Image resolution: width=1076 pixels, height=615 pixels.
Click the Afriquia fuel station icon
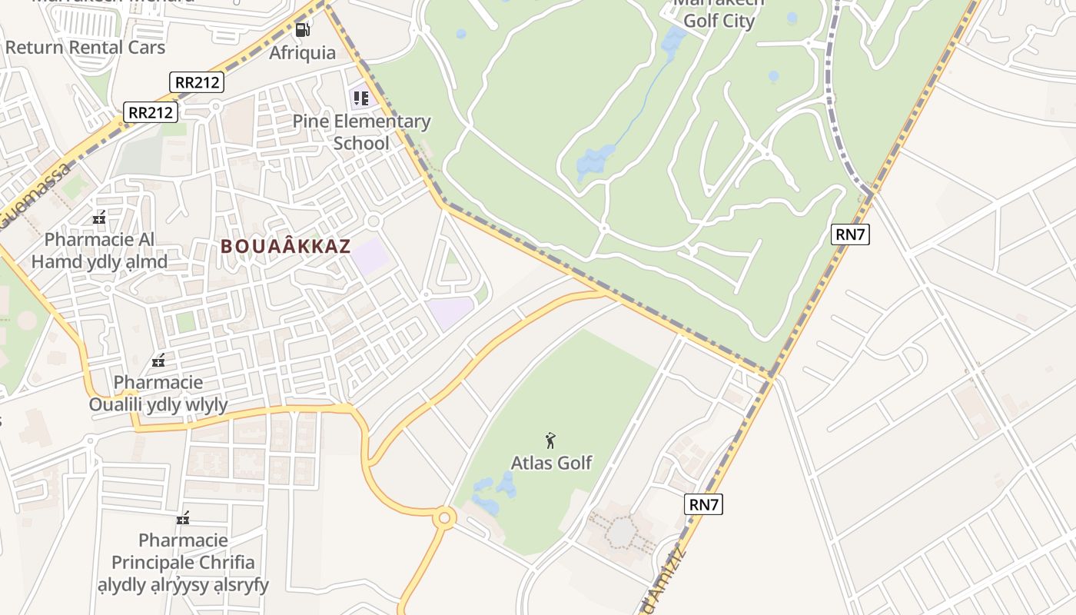tap(303, 31)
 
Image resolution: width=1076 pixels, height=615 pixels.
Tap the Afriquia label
tap(303, 52)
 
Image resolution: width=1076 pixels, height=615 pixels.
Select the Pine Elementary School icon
tap(360, 98)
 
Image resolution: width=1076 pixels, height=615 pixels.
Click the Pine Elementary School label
tap(361, 132)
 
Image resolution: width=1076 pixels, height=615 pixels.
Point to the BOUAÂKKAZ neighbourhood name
tap(286, 247)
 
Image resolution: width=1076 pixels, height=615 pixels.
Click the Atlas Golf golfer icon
tap(550, 440)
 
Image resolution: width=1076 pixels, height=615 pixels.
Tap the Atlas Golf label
tap(552, 463)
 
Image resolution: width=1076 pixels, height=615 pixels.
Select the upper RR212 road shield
tap(196, 82)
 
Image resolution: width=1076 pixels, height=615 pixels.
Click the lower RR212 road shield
tap(151, 112)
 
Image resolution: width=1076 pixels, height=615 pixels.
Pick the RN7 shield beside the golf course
tap(850, 234)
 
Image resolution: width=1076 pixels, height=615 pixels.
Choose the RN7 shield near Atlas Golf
tap(704, 504)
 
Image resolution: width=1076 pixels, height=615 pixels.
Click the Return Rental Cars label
tap(85, 48)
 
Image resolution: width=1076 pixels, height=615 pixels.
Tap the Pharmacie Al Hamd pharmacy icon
tap(98, 218)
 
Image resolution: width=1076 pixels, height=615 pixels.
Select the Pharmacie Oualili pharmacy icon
tap(158, 361)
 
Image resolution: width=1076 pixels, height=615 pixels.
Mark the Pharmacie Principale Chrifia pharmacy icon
tap(183, 519)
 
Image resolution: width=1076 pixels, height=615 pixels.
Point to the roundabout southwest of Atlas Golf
tap(443, 518)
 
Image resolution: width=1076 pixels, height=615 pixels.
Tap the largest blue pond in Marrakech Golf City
tap(595, 161)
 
